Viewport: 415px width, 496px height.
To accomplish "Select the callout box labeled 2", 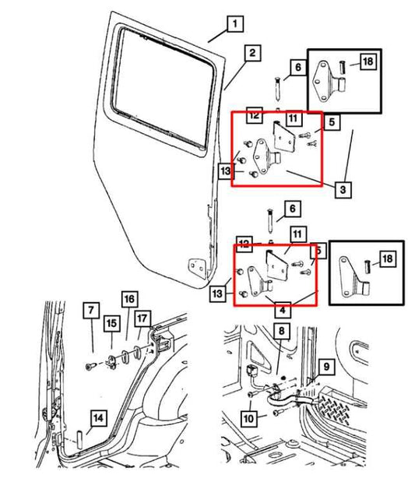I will point(251,53).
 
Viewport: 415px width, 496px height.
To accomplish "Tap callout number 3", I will point(343,188).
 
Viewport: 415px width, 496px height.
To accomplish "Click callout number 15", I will point(112,322).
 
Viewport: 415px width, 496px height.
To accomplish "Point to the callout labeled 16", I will point(128,299).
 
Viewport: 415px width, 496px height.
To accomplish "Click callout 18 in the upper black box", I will point(368,62).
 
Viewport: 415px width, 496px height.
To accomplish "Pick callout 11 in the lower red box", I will point(296,233).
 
